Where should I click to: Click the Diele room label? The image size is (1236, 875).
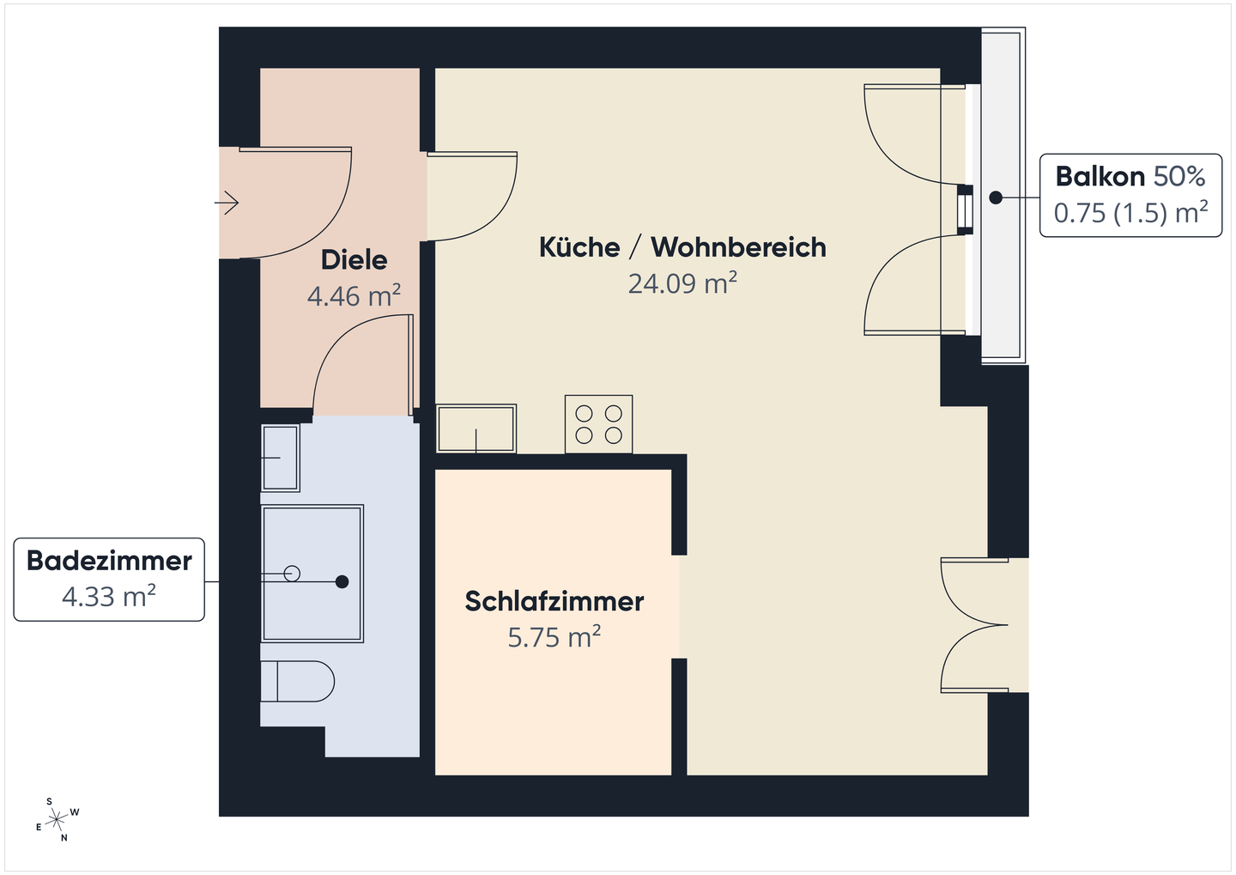[354, 259]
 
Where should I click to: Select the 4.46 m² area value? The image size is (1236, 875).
[354, 296]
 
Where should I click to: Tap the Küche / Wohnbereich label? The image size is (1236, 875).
[682, 247]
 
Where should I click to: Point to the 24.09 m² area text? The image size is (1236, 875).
[682, 283]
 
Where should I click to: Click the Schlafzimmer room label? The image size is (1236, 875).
[554, 601]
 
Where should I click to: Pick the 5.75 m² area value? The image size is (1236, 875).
[554, 638]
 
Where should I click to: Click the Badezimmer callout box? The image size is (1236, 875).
[109, 579]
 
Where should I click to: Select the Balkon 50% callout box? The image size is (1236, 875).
[1130, 195]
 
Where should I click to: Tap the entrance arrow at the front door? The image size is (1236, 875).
[227, 203]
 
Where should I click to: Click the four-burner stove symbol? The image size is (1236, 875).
[598, 424]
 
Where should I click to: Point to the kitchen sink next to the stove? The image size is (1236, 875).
[476, 428]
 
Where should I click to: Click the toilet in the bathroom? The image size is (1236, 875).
[298, 681]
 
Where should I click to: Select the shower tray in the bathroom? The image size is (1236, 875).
[312, 573]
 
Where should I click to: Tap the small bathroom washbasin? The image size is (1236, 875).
[280, 458]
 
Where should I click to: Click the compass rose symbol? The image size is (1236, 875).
[58, 820]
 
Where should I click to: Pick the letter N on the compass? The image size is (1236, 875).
[64, 838]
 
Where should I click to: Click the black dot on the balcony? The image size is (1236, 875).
[995, 197]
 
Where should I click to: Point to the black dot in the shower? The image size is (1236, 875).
[342, 582]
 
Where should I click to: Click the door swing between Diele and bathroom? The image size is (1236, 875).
[360, 365]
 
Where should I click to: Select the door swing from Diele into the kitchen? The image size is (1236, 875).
[472, 197]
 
